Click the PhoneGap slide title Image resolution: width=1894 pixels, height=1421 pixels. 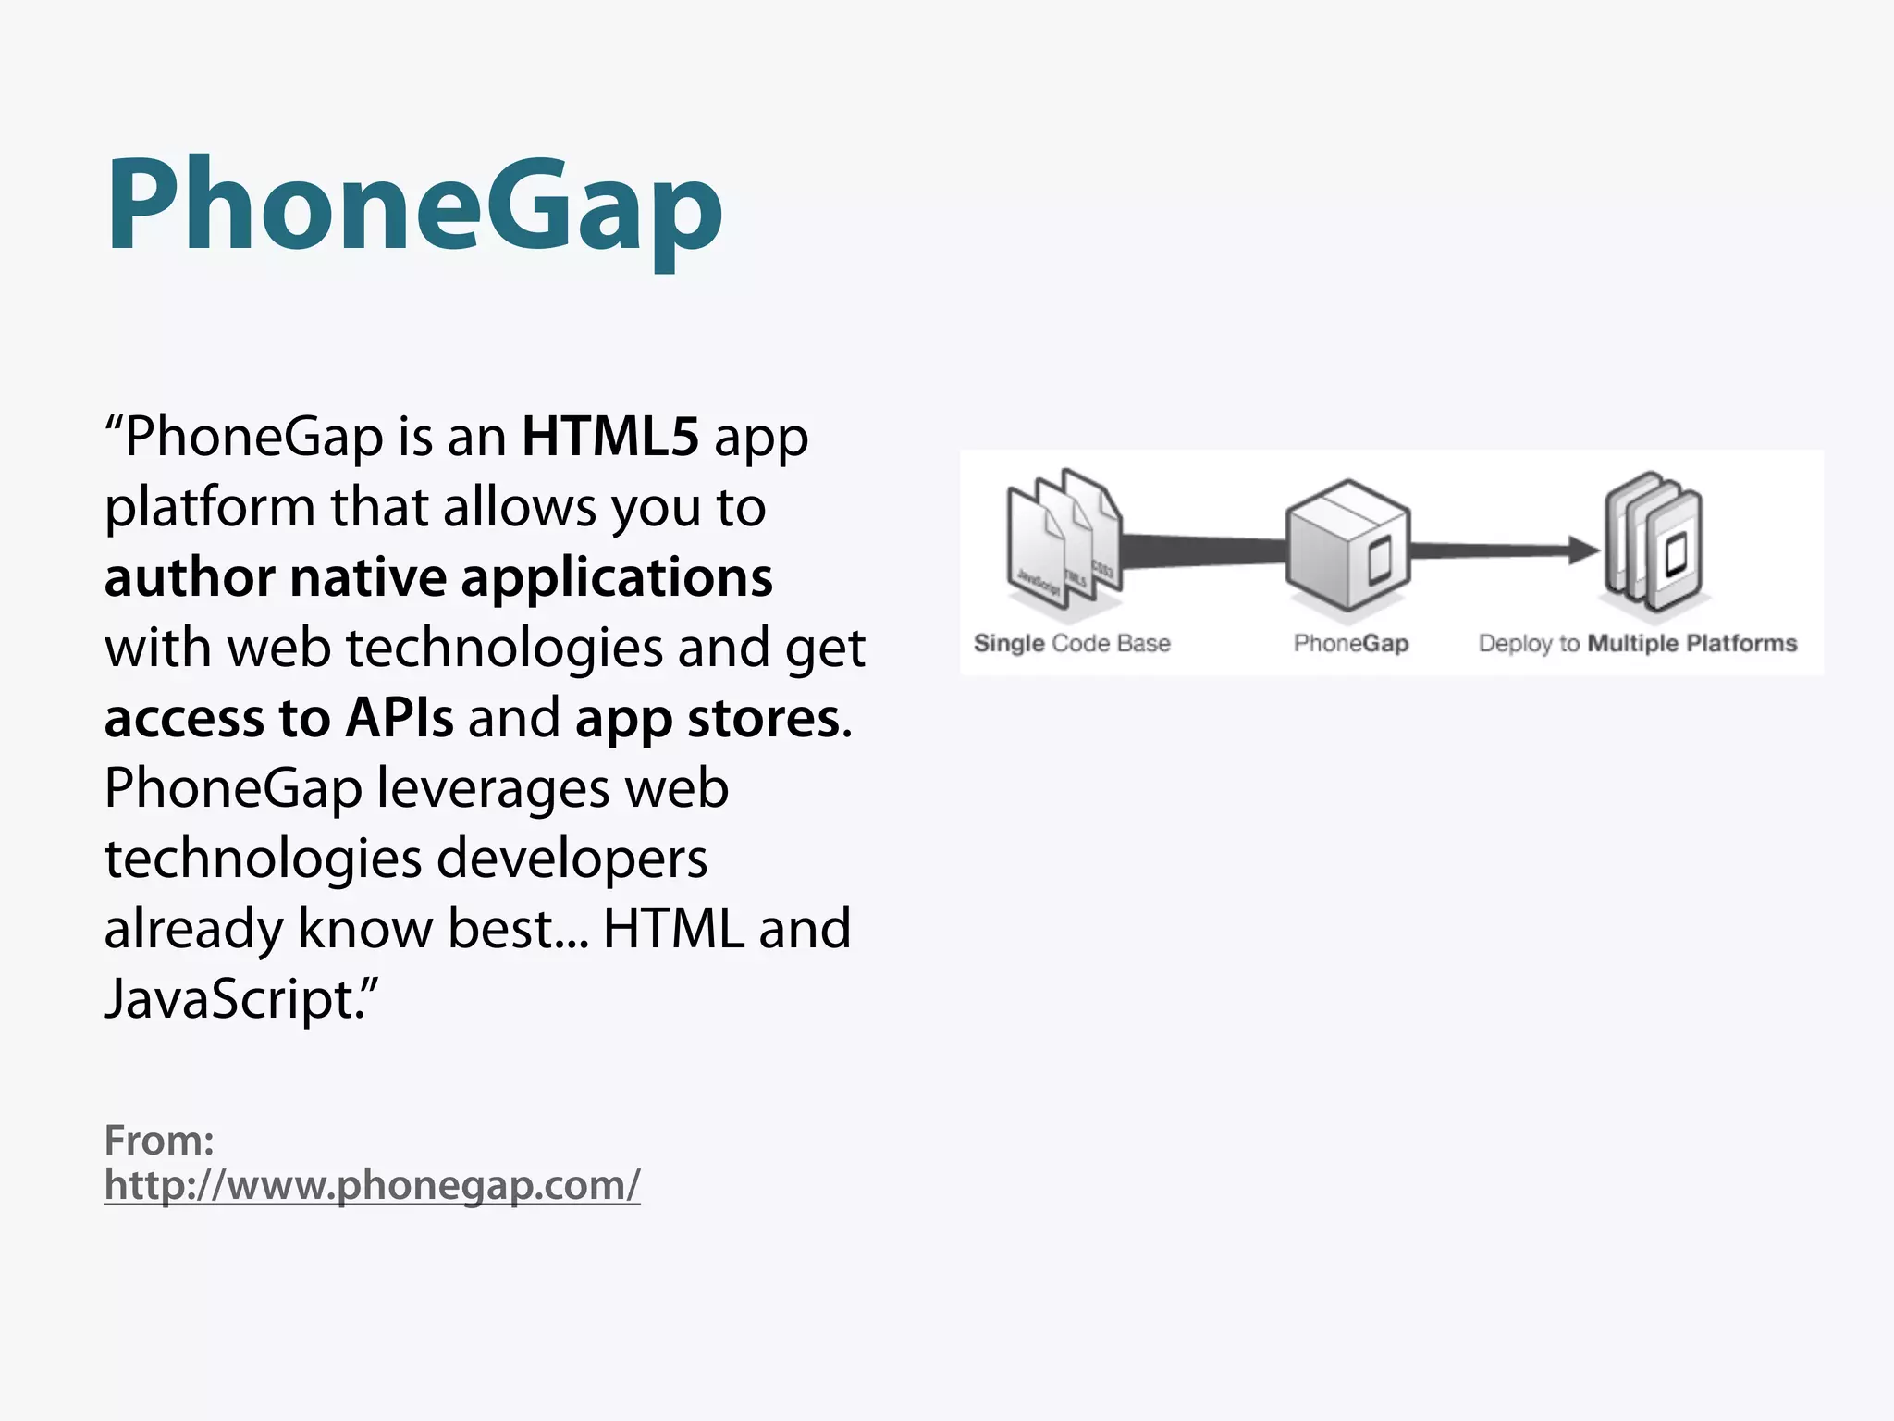tap(413, 205)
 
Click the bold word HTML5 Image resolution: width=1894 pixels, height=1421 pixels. tap(609, 437)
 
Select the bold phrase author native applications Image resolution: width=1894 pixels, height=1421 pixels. tap(438, 577)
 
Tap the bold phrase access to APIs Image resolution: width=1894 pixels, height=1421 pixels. tap(278, 718)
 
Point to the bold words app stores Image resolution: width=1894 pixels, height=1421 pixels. tap(707, 718)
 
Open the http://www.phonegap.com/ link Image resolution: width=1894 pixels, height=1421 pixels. tap(372, 1185)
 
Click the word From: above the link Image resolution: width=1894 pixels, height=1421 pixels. tap(159, 1141)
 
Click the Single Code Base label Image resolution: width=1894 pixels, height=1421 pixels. tap(1072, 643)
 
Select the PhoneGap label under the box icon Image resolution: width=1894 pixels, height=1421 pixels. tap(1350, 643)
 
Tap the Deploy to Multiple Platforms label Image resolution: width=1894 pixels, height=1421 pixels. tap(1637, 643)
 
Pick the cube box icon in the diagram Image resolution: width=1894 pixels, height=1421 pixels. tap(1347, 546)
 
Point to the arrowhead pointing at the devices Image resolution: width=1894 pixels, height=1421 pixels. tap(1583, 550)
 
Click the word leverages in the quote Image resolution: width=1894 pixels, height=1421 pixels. tap(493, 788)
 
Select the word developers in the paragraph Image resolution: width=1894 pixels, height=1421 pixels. tap(572, 859)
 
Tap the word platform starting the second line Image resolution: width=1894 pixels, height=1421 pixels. tap(210, 508)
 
